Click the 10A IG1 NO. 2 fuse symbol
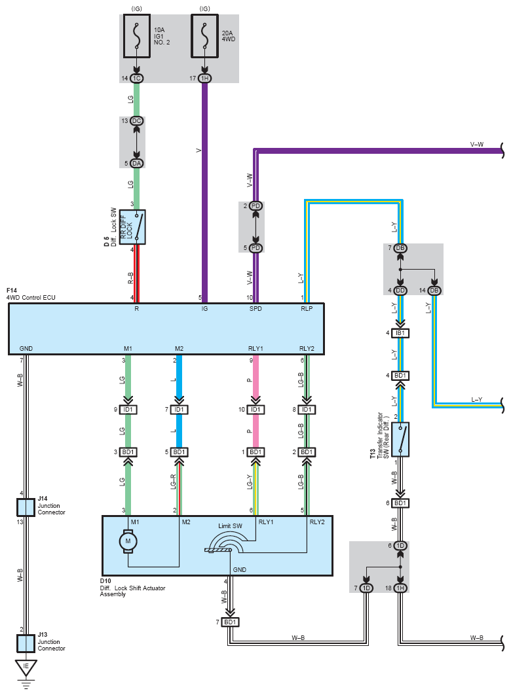coord(137,36)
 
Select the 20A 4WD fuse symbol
coord(204,36)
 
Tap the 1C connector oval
coord(137,79)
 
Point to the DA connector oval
coord(137,164)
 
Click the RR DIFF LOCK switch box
coord(132,227)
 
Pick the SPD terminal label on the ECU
coord(255,308)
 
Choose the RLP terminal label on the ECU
coord(307,308)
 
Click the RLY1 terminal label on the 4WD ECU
coord(255,348)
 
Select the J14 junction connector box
coord(26,508)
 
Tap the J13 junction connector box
coord(26,643)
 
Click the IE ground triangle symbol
coord(26,667)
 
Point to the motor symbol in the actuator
coord(128,541)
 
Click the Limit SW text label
coord(230,526)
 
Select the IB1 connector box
coord(400,333)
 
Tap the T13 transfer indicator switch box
coord(400,439)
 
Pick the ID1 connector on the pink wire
coord(255,410)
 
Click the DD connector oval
coord(400,291)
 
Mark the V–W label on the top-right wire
coord(477,145)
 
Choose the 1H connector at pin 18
coord(400,588)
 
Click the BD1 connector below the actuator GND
coord(230,622)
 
